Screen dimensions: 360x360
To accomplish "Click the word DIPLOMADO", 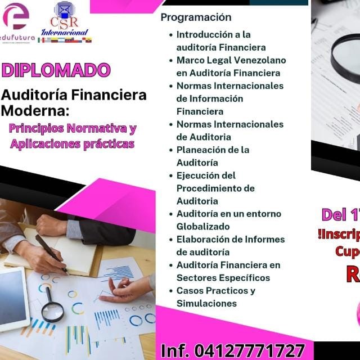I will [56, 70].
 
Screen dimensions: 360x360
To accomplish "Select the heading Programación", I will [196, 17].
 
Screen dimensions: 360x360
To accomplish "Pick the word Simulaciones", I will [206, 303].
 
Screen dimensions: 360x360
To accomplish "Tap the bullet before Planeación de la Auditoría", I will [170, 150].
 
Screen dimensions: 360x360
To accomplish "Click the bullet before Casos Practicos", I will [170, 291].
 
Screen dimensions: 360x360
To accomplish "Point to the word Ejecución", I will [199, 175].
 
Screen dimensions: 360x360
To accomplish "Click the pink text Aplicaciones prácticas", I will [73, 143].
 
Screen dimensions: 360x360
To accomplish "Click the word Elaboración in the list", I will [203, 239].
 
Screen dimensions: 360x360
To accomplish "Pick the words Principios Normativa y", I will [73, 128].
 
